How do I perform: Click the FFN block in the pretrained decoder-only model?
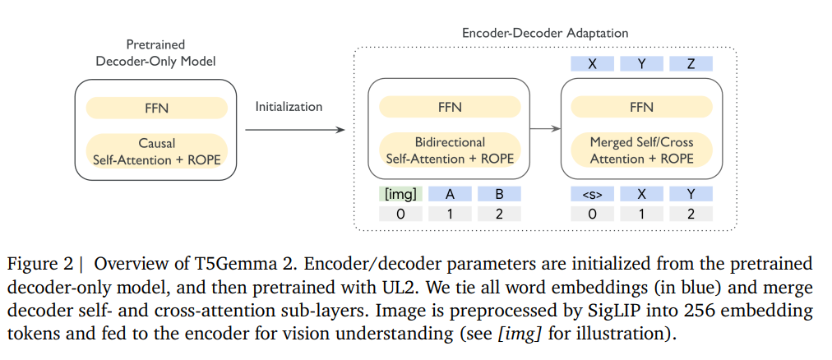coord(155,108)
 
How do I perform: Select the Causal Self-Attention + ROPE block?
coord(155,149)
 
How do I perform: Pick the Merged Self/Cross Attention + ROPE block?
coord(641,149)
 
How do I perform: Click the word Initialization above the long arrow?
coord(289,107)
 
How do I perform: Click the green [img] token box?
coord(400,194)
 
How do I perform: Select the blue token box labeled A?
coord(450,194)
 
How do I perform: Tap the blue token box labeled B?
coord(497,194)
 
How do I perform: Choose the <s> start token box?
coord(593,194)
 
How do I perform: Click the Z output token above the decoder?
coord(690,63)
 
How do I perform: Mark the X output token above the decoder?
coord(593,63)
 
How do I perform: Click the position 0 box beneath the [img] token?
coord(400,214)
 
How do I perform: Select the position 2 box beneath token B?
coord(497,214)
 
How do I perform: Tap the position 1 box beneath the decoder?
coord(641,214)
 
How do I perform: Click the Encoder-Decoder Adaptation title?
coord(545,34)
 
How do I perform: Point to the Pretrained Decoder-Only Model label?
coord(155,53)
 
